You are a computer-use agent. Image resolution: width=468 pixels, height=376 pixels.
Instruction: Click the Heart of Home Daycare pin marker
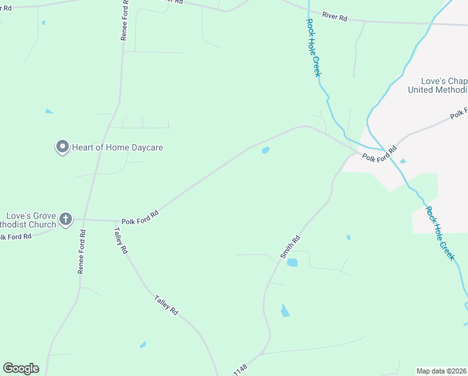point(62,147)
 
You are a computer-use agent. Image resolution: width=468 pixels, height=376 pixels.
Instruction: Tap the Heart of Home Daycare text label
point(117,147)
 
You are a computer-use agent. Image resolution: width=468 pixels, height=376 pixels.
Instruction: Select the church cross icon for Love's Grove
point(66,220)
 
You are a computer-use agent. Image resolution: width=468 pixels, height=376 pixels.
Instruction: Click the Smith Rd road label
point(290,247)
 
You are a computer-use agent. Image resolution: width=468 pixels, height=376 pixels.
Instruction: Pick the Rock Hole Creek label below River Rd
point(313,48)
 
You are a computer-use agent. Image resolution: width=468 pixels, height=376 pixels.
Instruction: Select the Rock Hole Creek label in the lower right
point(440,233)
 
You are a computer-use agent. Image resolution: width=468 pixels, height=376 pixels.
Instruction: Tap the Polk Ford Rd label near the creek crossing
point(380,153)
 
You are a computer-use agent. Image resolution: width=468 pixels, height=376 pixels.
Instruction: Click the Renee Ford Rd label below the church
point(81,251)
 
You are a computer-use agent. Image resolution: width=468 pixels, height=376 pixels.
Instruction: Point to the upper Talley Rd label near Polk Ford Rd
point(121,240)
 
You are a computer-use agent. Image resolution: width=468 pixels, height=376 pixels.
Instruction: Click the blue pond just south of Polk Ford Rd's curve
point(265,150)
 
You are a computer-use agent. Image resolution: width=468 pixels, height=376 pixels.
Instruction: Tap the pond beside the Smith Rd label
point(292,263)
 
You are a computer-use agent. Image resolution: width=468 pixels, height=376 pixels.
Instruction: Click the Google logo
point(21,368)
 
